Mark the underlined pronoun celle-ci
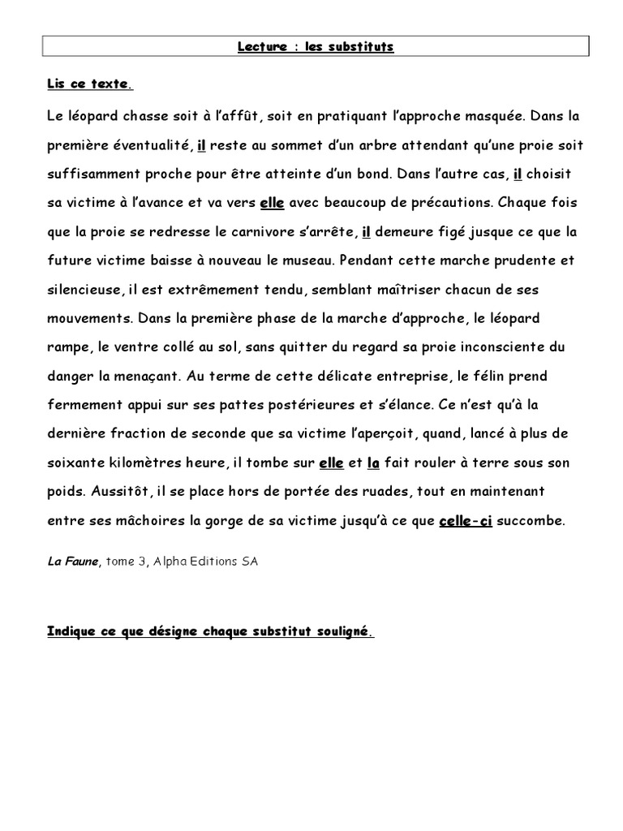tap(466, 521)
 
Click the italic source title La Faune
tap(71, 562)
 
